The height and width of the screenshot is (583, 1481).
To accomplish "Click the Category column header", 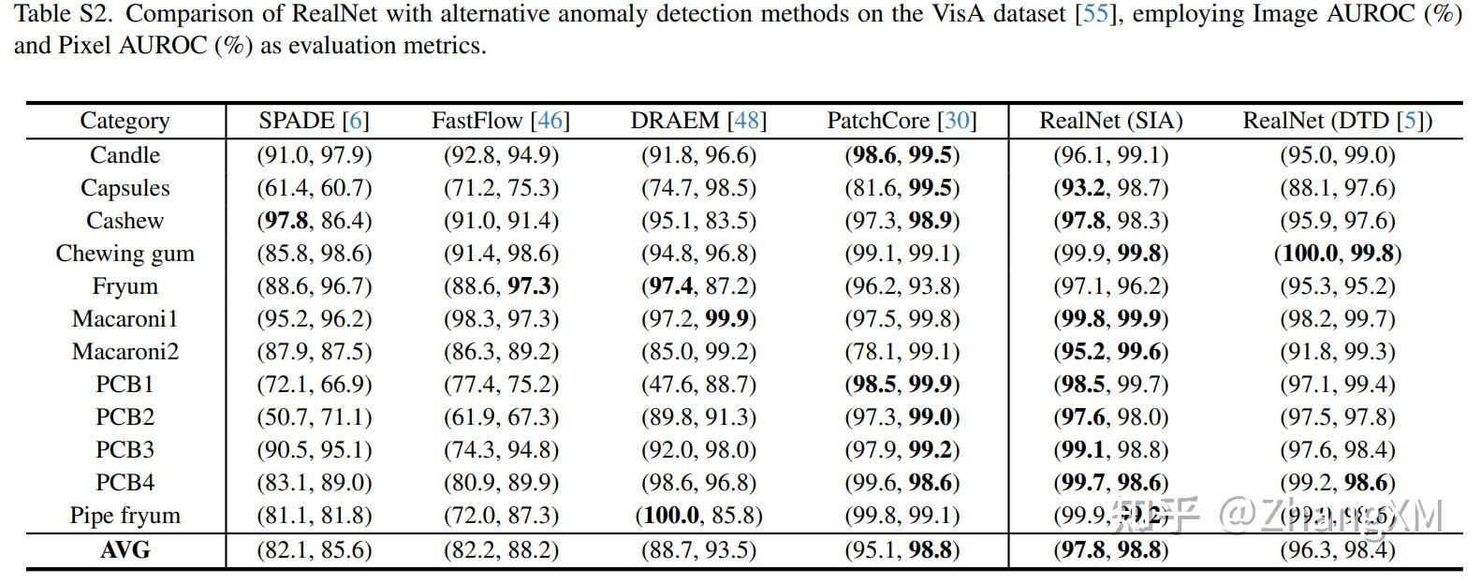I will click(x=125, y=121).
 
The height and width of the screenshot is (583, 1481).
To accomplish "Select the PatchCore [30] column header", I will click(x=902, y=121).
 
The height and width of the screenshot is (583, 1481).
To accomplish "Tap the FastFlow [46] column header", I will click(x=500, y=121).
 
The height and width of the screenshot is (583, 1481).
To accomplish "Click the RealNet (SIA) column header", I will click(x=1110, y=121).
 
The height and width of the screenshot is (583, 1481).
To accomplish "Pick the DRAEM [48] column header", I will click(x=698, y=121).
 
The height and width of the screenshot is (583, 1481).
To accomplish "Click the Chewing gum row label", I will click(x=125, y=254).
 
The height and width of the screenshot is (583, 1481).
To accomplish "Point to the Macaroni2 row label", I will click(x=125, y=352).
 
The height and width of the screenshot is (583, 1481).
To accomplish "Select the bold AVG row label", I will click(x=125, y=550).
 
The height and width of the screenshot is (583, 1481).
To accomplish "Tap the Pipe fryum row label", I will click(x=125, y=516).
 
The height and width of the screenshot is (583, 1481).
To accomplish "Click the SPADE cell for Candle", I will click(x=314, y=155).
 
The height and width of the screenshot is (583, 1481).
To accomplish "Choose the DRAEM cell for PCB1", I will click(x=698, y=385).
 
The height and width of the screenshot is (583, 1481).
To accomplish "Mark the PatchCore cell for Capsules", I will click(x=902, y=188).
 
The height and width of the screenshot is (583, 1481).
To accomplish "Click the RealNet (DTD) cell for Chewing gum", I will click(x=1337, y=254).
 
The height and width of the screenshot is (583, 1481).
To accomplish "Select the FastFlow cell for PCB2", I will click(x=500, y=417).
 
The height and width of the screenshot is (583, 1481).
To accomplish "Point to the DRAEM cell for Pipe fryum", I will click(x=698, y=516).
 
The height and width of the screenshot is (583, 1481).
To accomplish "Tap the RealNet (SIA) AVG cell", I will click(x=1110, y=550).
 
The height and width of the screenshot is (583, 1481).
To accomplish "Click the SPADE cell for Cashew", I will click(x=314, y=221).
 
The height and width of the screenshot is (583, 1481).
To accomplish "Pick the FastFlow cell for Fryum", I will click(x=500, y=286).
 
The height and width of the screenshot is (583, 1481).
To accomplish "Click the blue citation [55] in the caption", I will click(x=1095, y=15).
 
